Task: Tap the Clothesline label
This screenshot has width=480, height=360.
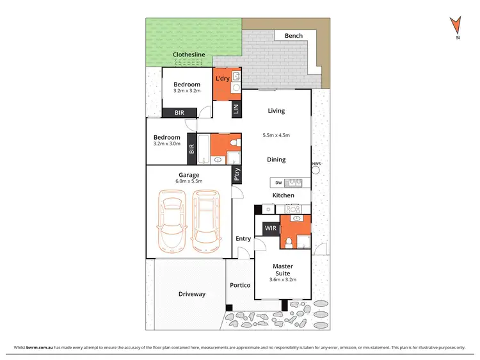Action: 189,55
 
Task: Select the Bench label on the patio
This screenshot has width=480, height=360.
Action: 293,36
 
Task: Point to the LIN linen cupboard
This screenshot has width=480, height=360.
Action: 236,110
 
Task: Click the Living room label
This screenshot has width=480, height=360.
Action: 276,111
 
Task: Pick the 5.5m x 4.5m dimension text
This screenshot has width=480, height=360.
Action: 276,135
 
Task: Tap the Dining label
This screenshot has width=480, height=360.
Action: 276,160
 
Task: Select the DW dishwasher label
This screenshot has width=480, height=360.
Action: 278,183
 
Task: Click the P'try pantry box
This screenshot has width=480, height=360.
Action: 236,175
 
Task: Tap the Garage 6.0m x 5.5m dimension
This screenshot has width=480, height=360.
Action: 189,181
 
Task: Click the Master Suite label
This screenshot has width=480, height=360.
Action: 283,270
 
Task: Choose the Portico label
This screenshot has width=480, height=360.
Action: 240,285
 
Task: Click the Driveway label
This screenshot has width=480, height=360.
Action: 191,294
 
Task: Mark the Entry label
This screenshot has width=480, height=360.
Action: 243,239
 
